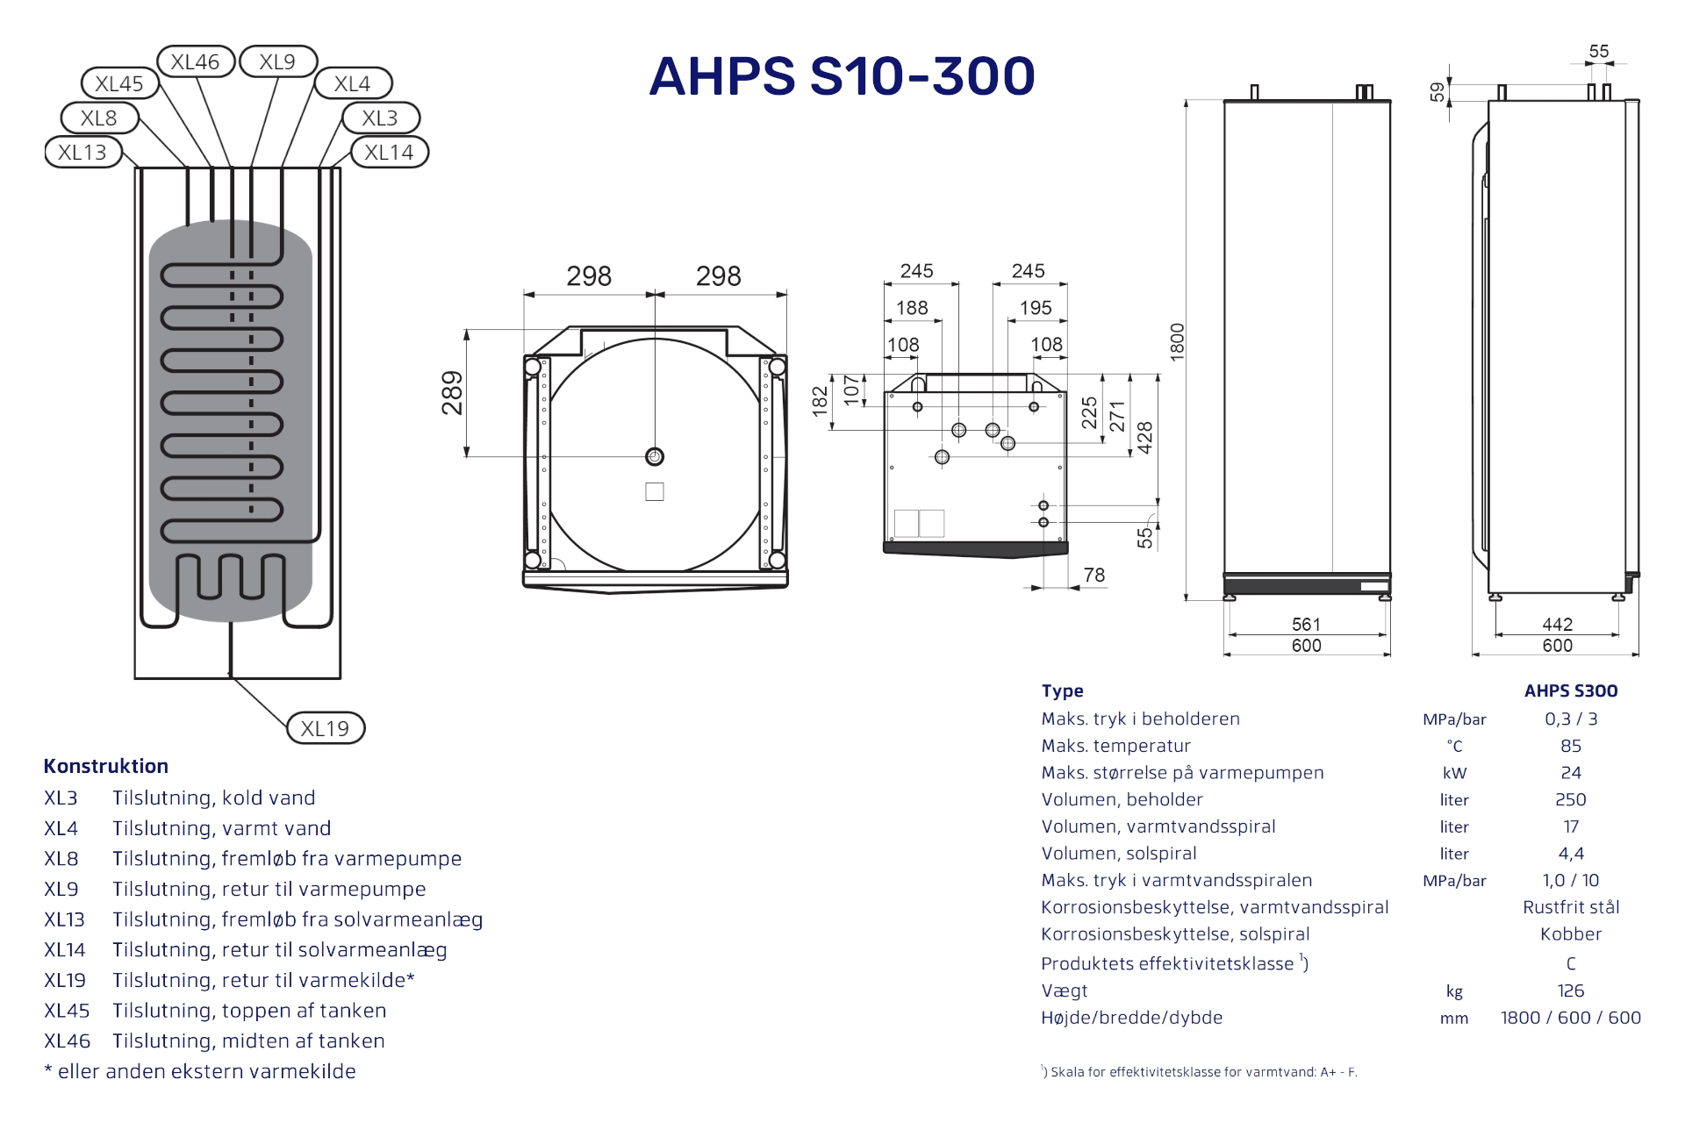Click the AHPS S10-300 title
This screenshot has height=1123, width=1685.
(842, 75)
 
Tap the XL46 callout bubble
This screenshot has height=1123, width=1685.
(195, 61)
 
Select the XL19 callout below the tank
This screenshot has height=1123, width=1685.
(325, 728)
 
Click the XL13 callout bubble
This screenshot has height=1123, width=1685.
(82, 152)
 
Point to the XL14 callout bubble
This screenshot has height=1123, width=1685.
(389, 152)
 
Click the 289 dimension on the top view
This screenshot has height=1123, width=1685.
(452, 393)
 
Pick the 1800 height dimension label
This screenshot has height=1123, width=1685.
(1178, 341)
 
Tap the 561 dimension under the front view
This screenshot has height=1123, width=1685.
(1306, 624)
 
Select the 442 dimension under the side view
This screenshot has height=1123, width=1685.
(1557, 624)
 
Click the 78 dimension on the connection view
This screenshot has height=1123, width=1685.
(1093, 575)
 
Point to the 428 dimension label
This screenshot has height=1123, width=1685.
(1145, 437)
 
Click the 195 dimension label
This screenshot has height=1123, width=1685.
(1036, 308)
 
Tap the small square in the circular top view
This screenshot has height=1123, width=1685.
(655, 492)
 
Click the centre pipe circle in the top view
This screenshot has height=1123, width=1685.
(655, 456)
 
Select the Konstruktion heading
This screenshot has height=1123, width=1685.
(106, 766)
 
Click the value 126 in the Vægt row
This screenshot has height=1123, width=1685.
(1570, 991)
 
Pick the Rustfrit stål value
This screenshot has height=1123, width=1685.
(1570, 907)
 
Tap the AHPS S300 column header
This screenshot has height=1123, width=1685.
(1570, 690)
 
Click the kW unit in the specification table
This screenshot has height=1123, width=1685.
(1454, 773)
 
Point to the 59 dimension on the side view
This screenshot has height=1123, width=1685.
(1437, 92)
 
